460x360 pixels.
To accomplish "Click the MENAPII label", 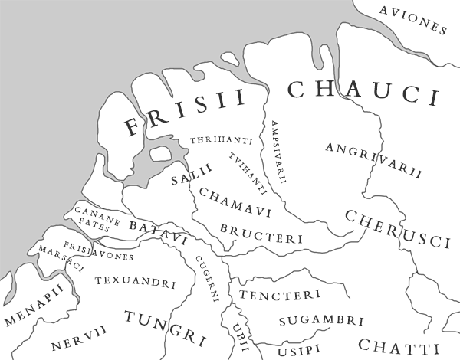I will pos(33,309).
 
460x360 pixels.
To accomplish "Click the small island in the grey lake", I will pos(159,154).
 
